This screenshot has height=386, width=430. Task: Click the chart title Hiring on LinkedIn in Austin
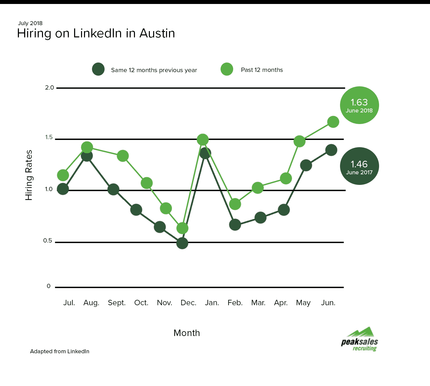[x=96, y=33]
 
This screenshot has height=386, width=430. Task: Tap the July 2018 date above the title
[x=30, y=23]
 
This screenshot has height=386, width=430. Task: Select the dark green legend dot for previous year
[x=98, y=69]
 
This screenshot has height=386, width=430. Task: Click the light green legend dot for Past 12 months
[x=227, y=69]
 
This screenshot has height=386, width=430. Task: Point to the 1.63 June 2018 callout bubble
[x=359, y=105]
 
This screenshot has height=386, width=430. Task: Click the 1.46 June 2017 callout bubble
[x=359, y=166]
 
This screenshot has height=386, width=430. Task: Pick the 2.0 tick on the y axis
[x=50, y=88]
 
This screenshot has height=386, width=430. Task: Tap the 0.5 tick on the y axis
[x=48, y=240]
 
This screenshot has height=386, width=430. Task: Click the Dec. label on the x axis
[x=189, y=303]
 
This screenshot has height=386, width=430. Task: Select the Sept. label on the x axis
[x=117, y=303]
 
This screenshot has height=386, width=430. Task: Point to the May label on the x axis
[x=303, y=303]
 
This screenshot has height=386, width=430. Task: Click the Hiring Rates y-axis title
[x=29, y=175]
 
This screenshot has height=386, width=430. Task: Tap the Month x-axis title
[x=187, y=333]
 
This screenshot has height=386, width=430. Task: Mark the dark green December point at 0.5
[x=182, y=243]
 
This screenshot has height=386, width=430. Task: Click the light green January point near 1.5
[x=203, y=140]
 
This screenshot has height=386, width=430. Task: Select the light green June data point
[x=333, y=122]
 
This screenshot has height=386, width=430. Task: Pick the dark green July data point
[x=63, y=189]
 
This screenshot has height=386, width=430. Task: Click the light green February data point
[x=235, y=204]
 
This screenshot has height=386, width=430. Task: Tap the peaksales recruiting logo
[x=360, y=340]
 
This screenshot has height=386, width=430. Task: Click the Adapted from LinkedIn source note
[x=60, y=351]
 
